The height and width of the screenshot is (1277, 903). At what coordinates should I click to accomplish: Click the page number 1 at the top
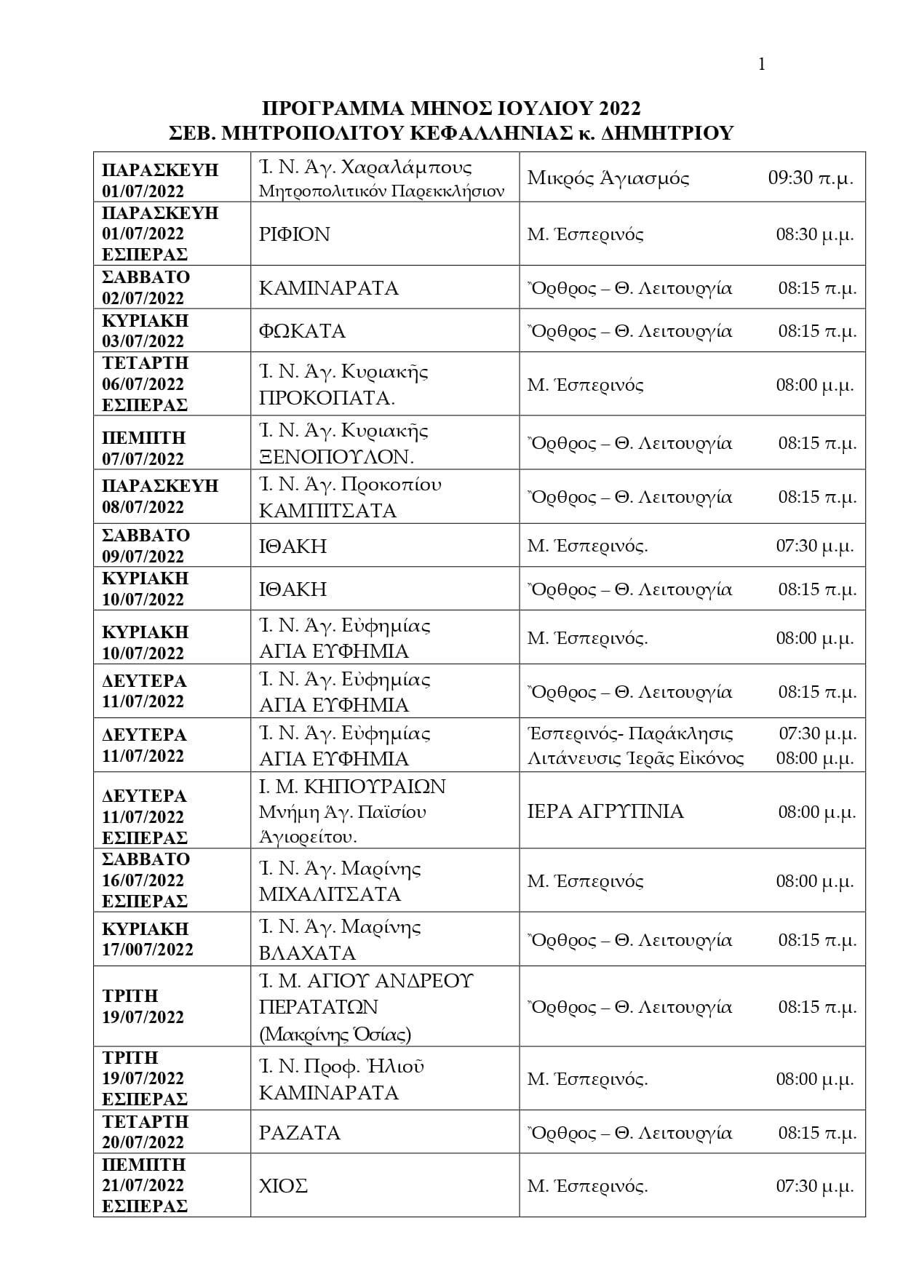762,65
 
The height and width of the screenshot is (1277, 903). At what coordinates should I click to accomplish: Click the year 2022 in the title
621,108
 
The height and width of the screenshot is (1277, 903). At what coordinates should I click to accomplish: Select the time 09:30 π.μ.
811,178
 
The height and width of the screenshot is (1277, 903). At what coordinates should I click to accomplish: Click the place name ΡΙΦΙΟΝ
295,234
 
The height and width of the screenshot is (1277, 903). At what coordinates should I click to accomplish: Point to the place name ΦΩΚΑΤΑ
302,331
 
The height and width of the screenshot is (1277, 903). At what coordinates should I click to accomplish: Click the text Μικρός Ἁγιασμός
608,178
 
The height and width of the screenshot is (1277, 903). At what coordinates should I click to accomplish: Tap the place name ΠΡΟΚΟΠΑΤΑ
327,398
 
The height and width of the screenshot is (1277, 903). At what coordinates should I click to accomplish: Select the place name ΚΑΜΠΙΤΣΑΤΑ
327,511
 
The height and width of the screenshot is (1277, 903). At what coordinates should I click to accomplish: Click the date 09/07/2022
143,557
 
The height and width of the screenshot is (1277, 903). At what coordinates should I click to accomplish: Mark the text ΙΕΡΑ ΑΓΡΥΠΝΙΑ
605,811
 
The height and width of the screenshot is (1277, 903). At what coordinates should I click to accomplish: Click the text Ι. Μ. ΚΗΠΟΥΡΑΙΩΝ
352,787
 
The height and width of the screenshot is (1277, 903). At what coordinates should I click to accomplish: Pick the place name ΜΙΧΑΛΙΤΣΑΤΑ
330,894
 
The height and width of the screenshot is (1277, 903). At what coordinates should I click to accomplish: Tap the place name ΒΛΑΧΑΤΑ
307,953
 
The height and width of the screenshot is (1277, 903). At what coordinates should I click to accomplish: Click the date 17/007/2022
148,950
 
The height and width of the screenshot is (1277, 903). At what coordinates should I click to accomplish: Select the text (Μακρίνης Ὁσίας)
335,1034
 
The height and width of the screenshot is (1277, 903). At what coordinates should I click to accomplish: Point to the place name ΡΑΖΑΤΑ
300,1133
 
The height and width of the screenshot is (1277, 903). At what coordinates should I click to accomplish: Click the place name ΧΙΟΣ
283,1186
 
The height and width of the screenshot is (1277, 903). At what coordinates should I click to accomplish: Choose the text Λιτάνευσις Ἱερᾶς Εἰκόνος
635,759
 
